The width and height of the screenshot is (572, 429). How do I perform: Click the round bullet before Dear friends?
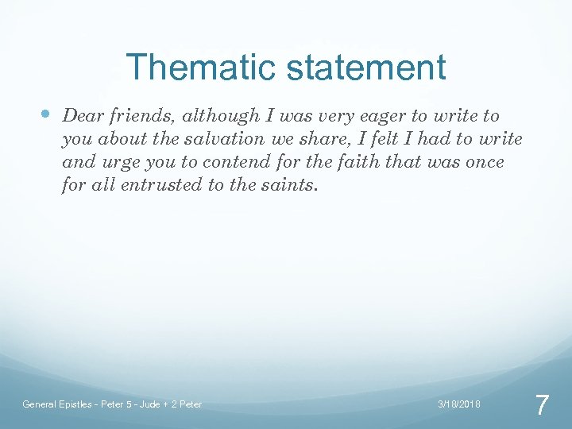(x=44, y=115)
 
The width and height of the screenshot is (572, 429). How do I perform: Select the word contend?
(x=206, y=163)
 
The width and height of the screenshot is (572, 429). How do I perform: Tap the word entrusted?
(x=167, y=187)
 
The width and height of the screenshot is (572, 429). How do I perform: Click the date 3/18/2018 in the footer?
(x=459, y=404)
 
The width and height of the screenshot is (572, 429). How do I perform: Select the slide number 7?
(x=541, y=405)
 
